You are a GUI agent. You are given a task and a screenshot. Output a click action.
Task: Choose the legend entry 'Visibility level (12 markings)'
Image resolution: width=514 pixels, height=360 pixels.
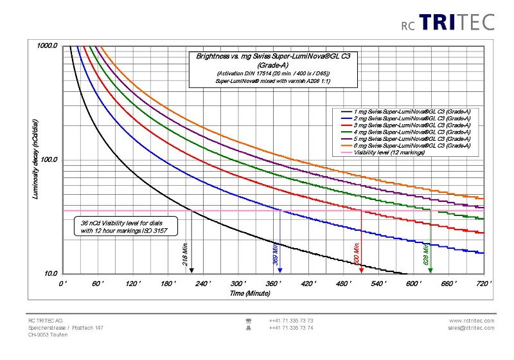coord(391,153)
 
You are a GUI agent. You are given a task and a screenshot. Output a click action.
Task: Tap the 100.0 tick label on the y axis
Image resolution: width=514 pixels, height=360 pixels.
coord(49,159)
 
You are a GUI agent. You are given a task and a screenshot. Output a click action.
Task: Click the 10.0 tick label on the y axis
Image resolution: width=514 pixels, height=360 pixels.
coord(50,273)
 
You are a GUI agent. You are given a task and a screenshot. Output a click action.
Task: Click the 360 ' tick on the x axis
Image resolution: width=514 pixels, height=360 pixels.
coord(238,283)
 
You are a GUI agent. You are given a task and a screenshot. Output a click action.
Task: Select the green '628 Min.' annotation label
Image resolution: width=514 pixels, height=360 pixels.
coord(426,253)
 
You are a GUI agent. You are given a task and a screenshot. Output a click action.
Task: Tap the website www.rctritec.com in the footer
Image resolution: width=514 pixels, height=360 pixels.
coord(472,321)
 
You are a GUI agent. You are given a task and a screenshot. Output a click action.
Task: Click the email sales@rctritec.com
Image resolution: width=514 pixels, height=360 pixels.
coord(472,328)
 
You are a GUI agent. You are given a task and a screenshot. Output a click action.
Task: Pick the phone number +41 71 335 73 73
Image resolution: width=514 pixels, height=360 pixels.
coord(291,321)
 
